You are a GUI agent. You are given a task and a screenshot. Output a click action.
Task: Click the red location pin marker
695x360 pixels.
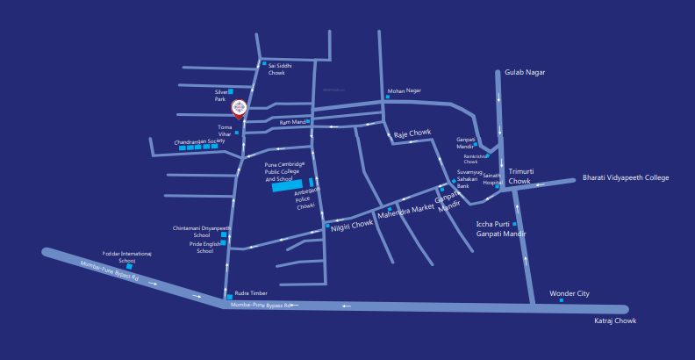(239, 108)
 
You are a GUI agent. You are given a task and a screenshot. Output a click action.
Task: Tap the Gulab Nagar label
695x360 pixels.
(524, 72)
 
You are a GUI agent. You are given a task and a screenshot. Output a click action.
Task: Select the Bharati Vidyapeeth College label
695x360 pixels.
(626, 177)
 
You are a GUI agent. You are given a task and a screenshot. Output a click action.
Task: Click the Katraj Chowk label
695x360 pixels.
(615, 322)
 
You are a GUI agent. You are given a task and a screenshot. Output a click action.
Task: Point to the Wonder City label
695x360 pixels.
(570, 293)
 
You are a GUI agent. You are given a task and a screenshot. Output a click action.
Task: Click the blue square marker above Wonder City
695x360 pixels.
(562, 301)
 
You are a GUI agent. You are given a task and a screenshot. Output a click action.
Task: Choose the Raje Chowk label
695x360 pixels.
(412, 133)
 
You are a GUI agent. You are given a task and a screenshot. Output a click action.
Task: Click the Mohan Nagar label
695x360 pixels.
(405, 90)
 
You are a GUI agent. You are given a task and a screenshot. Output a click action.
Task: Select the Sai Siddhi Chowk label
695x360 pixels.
(280, 68)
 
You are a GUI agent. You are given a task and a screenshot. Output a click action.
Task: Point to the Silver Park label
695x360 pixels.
(221, 95)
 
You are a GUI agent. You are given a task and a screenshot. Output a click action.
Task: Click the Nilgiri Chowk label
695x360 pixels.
(352, 224)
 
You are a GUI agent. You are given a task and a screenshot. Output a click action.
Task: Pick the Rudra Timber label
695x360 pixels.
(251, 294)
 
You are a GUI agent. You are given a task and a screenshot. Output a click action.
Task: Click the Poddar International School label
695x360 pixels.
(127, 256)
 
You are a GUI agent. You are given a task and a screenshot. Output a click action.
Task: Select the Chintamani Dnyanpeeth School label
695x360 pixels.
(203, 232)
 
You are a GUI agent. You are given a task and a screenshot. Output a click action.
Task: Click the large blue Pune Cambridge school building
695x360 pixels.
(284, 186)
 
